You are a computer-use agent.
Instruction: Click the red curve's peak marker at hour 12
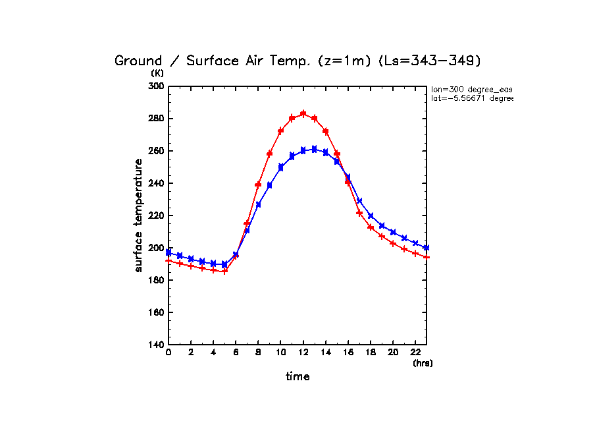pyautogui.click(x=303, y=113)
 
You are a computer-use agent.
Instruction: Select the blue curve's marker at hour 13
pyautogui.click(x=314, y=149)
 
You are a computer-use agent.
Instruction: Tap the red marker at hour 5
pyautogui.click(x=224, y=271)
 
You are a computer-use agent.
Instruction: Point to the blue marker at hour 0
pyautogui.click(x=168, y=252)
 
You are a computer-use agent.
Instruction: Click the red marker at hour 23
pyautogui.click(x=427, y=257)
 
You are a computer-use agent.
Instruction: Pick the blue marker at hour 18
pyautogui.click(x=371, y=216)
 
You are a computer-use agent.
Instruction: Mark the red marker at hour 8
pyautogui.click(x=258, y=185)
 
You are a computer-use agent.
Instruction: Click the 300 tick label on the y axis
pyautogui.click(x=157, y=86)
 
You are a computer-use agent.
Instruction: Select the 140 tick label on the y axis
pyautogui.click(x=157, y=345)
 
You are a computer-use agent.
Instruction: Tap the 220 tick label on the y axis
pyautogui.click(x=157, y=215)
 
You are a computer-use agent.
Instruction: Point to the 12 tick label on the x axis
pyautogui.click(x=303, y=353)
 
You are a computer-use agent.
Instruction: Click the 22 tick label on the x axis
pyautogui.click(x=415, y=353)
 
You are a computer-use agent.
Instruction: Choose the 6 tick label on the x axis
pyautogui.click(x=236, y=353)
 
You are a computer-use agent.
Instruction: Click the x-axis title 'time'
pyautogui.click(x=297, y=377)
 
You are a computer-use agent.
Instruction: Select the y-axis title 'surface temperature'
pyautogui.click(x=139, y=215)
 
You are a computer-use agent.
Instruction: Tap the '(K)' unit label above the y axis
pyautogui.click(x=157, y=73)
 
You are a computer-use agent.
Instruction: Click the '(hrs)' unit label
pyautogui.click(x=423, y=363)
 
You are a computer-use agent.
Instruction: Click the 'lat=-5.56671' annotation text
pyautogui.click(x=471, y=98)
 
